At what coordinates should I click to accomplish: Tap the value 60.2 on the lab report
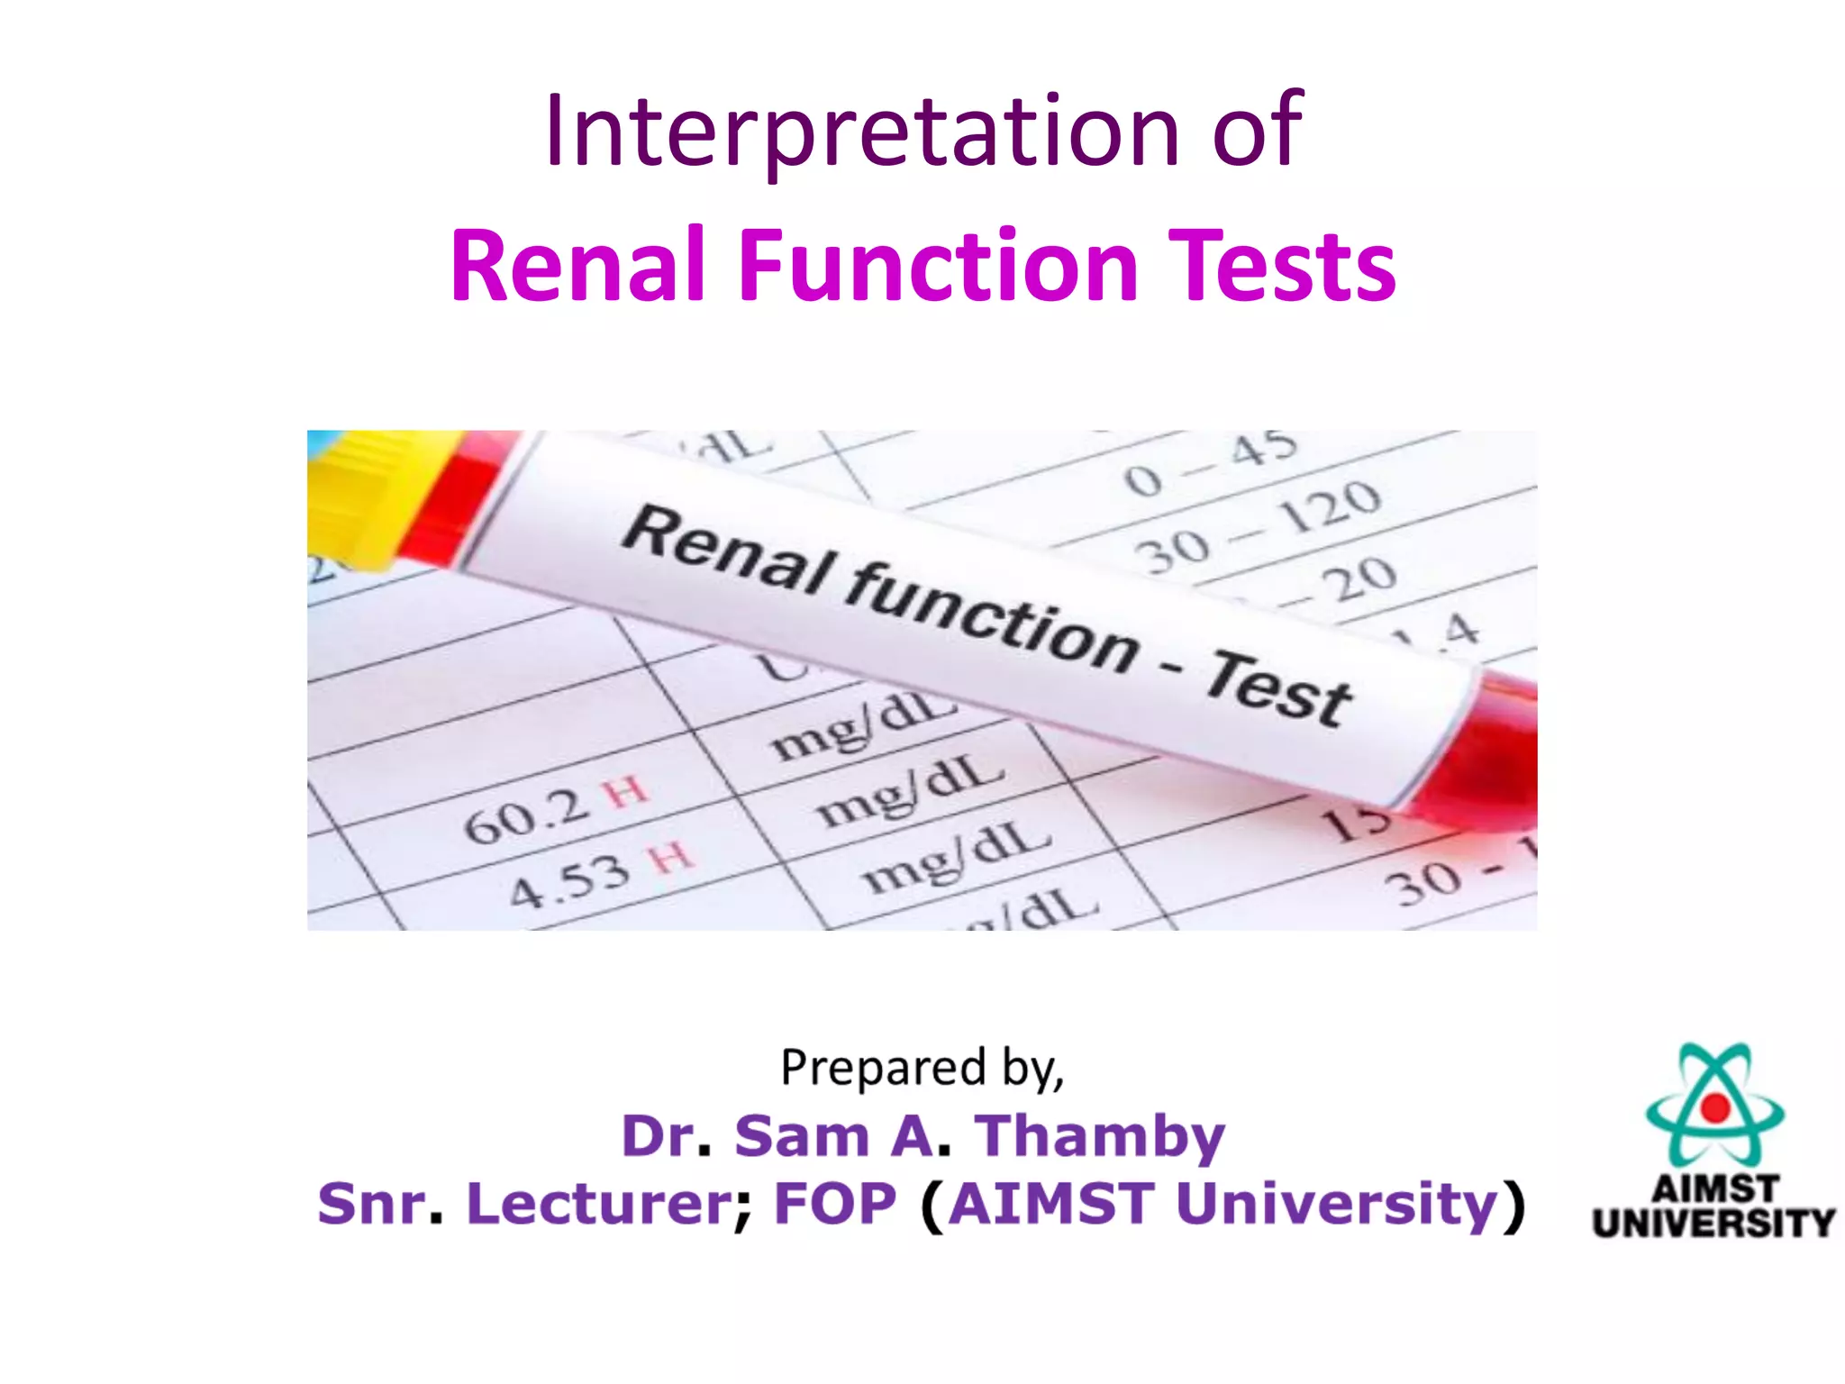tap(527, 815)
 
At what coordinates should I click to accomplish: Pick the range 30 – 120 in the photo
tap(1258, 527)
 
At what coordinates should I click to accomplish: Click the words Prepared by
tap(922, 1069)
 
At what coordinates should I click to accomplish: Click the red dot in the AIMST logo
tap(1714, 1107)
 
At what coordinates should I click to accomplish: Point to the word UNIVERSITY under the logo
tap(1713, 1223)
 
